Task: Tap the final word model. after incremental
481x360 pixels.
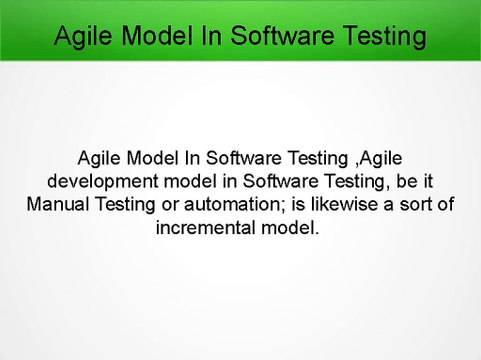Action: coord(293,226)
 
